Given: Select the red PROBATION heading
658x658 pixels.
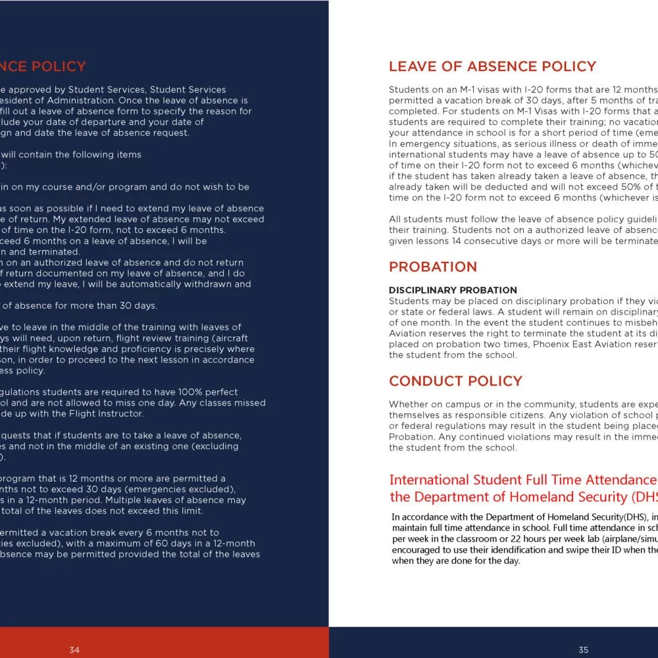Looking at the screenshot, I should [432, 266].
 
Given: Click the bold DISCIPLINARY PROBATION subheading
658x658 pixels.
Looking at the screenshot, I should [453, 290].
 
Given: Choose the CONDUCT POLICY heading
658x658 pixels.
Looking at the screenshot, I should [455, 381].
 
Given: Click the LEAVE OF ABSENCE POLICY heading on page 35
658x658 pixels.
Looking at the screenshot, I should [492, 66].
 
